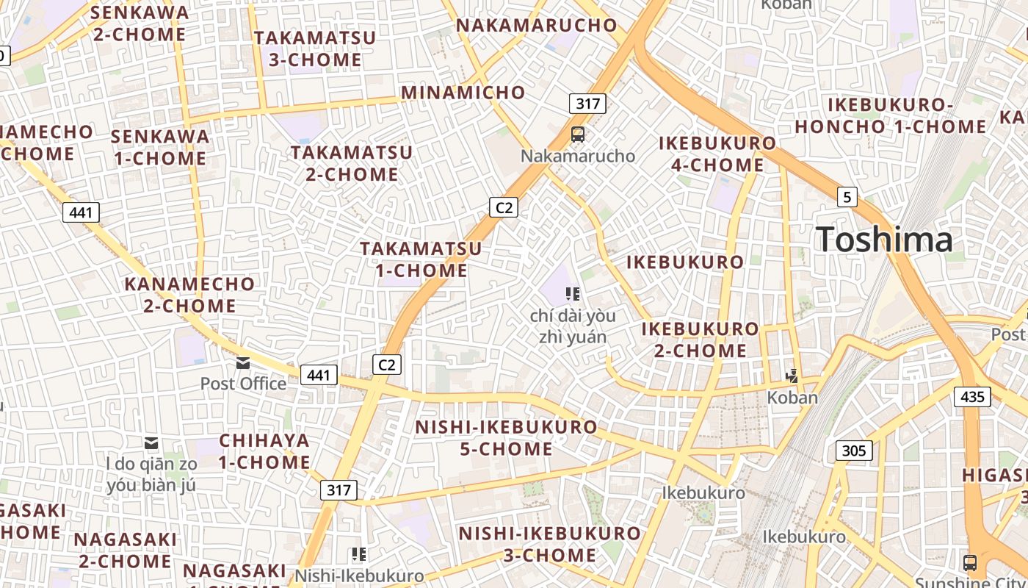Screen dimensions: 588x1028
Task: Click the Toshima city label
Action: click(884, 240)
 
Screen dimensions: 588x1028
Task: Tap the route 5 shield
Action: click(847, 197)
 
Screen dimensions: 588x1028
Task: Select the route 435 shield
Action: click(972, 397)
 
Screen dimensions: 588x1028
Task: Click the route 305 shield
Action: click(853, 450)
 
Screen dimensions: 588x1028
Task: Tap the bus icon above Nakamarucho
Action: click(578, 135)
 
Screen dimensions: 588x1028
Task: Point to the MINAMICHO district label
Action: click(463, 93)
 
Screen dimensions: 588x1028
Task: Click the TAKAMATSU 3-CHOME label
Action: click(315, 49)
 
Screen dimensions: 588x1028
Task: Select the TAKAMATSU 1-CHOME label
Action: click(421, 259)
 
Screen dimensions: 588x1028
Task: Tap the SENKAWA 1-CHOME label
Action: click(160, 147)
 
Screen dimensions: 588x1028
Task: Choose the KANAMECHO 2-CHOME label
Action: click(189, 295)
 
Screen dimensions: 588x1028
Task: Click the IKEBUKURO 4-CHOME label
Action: click(717, 154)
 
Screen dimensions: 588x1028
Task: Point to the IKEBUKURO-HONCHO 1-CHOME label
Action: click(891, 115)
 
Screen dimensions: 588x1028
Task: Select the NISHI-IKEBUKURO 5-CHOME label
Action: click(507, 438)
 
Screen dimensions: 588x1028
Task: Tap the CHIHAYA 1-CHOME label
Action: click(264, 451)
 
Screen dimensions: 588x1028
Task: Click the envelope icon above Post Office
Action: click(243, 363)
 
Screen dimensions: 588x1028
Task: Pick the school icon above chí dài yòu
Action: click(573, 295)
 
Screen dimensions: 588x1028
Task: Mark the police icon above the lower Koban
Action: click(792, 376)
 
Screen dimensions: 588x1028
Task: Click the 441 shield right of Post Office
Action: click(319, 375)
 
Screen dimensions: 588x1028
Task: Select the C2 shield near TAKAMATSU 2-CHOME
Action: click(504, 207)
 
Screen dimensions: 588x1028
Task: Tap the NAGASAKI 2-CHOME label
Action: click(125, 551)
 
